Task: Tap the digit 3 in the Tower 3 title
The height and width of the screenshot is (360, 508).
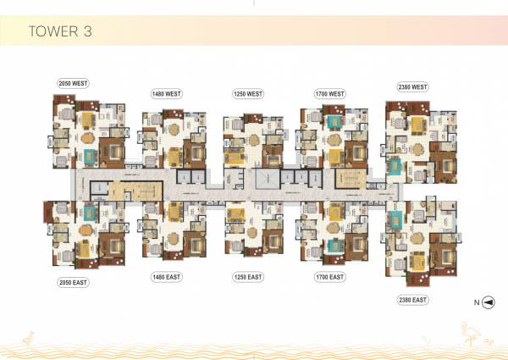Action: coord(86,31)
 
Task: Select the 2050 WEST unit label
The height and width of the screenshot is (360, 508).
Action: coord(74,83)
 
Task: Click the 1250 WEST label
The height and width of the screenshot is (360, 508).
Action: coord(248,93)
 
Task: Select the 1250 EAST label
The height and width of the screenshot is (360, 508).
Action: coord(248,277)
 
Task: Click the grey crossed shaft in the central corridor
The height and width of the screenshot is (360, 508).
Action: coord(265,179)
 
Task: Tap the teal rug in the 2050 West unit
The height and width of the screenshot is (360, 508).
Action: coord(91,156)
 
